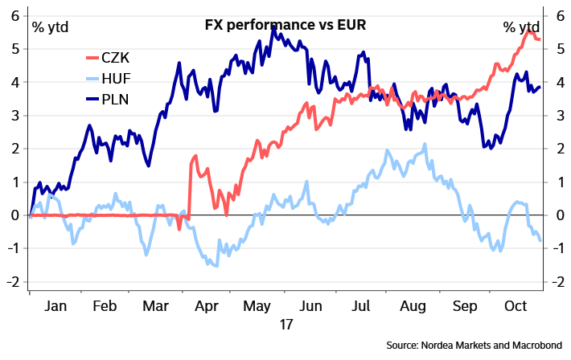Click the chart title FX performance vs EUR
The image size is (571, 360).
285,25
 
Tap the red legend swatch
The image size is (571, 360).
92,58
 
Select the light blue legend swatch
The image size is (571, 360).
92,79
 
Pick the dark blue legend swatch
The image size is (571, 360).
92,99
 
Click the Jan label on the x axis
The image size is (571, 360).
55,306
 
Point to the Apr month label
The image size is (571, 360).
207,306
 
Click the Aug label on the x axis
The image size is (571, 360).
410,306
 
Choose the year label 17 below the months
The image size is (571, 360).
285,324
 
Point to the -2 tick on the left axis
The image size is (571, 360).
13,282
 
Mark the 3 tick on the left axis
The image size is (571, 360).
15,115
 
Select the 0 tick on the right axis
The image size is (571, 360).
558,215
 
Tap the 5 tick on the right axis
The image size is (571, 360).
558,48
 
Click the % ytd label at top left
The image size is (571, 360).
51,27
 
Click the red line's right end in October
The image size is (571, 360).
540,39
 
